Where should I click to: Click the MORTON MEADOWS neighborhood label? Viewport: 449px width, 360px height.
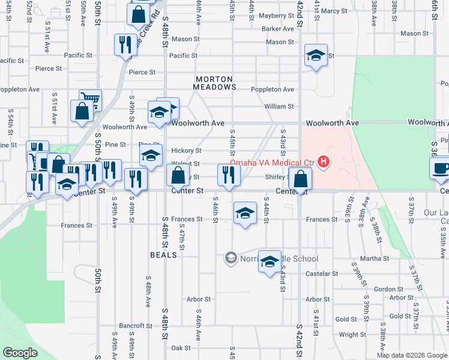(214, 83)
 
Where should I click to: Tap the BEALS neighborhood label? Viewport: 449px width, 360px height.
(163, 254)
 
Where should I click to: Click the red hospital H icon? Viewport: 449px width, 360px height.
(324, 161)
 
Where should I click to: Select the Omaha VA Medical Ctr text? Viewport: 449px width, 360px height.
(273, 162)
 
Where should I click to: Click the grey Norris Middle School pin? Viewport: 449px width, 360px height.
(230, 258)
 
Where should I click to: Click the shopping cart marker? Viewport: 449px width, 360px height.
(90, 99)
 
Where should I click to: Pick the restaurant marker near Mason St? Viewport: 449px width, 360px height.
(125, 44)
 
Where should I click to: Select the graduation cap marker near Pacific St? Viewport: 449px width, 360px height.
(315, 56)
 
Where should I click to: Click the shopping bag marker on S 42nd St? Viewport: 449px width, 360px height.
(300, 178)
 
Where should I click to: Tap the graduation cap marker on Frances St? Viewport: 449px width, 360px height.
(244, 213)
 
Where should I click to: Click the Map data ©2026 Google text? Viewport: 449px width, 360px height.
(412, 355)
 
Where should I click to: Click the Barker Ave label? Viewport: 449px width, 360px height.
(277, 29)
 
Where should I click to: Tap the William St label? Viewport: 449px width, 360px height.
(279, 107)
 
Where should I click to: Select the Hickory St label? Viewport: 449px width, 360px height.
(186, 151)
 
